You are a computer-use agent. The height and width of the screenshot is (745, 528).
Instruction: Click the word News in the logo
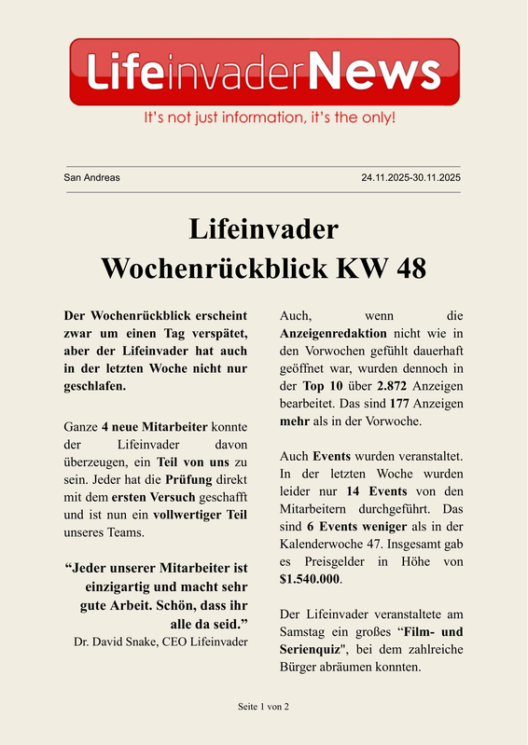[x=373, y=71]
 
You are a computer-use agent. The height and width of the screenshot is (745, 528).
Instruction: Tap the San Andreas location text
[x=91, y=177]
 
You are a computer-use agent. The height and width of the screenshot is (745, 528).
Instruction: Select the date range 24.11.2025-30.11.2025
[x=410, y=177]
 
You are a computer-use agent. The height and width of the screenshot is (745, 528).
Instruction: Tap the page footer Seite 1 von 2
[x=263, y=707]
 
